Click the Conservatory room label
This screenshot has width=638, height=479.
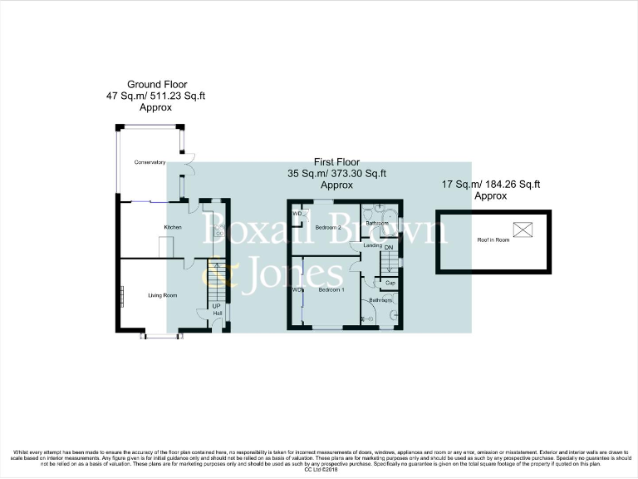coord(150,162)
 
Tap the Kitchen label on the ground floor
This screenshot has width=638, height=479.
coord(173,227)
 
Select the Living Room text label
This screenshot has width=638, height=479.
coord(163,295)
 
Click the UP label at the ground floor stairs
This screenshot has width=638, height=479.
coord(217,305)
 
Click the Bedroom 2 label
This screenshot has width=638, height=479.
coord(327,227)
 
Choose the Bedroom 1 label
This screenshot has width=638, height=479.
coord(331,290)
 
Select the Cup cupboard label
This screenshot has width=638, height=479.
coord(390,283)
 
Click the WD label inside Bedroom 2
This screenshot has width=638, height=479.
coord(297,214)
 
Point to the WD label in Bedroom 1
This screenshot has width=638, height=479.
coord(297,290)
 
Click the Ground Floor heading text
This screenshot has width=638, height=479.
coord(157,84)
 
